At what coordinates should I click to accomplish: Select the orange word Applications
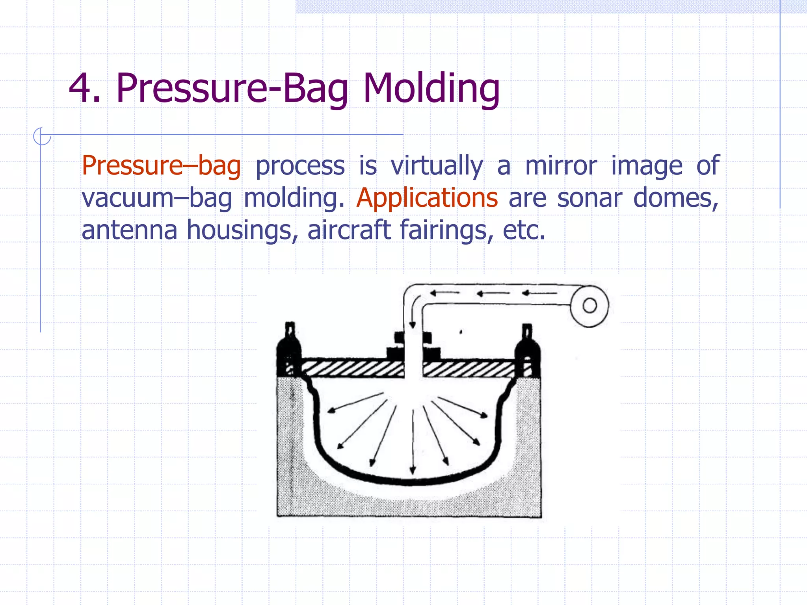click(x=427, y=198)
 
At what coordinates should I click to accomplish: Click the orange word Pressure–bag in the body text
click(x=161, y=166)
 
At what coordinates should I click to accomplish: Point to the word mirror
click(x=561, y=166)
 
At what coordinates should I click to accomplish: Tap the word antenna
click(x=129, y=230)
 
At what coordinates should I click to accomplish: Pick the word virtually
click(x=437, y=166)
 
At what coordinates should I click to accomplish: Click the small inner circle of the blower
click(x=589, y=306)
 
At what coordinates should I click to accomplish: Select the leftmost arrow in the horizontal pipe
click(x=444, y=293)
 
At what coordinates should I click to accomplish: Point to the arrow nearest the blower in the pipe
click(x=539, y=293)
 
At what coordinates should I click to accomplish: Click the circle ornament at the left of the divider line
click(x=42, y=136)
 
